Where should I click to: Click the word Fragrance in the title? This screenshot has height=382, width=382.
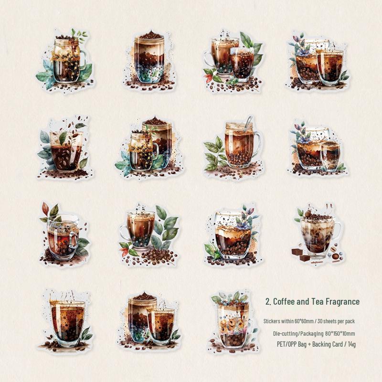[x=342, y=302]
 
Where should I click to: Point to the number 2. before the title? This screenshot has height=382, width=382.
[x=268, y=302]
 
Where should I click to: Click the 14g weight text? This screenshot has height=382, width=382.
[x=351, y=344]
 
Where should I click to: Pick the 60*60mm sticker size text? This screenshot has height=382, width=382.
[x=304, y=321]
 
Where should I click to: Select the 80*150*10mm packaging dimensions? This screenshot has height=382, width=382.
[x=340, y=333]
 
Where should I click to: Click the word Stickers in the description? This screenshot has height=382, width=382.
[x=272, y=321]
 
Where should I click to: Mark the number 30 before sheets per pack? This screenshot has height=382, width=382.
[x=320, y=321]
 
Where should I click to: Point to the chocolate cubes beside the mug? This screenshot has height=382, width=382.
[x=301, y=255]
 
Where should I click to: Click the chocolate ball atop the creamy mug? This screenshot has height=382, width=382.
[x=308, y=214]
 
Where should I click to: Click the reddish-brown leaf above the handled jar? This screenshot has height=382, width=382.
[x=45, y=209]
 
